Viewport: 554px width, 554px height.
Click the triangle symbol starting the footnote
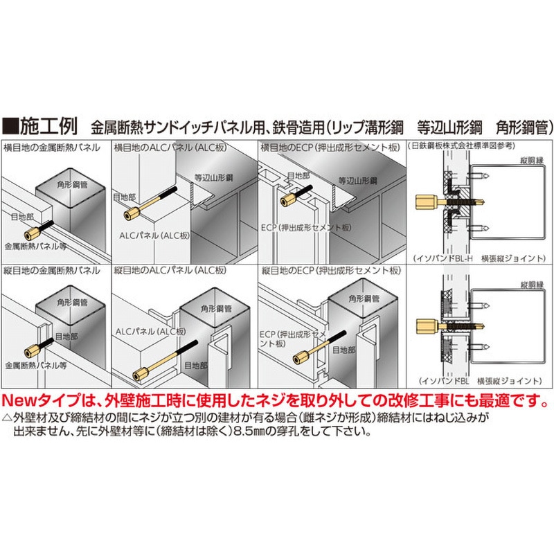click(x=7, y=418)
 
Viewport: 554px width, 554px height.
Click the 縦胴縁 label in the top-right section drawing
click(x=529, y=160)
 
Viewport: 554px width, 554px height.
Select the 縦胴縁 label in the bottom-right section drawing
click(x=529, y=285)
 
